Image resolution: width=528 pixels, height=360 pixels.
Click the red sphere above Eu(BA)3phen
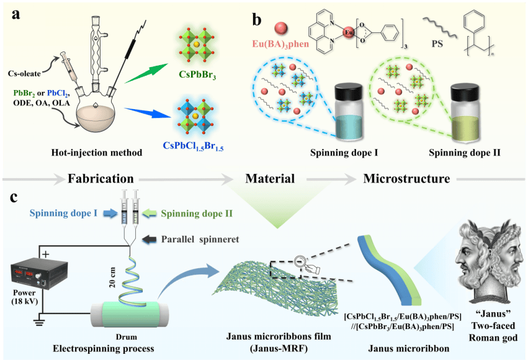coord(281,28)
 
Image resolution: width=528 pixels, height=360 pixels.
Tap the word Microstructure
coord(406,179)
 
